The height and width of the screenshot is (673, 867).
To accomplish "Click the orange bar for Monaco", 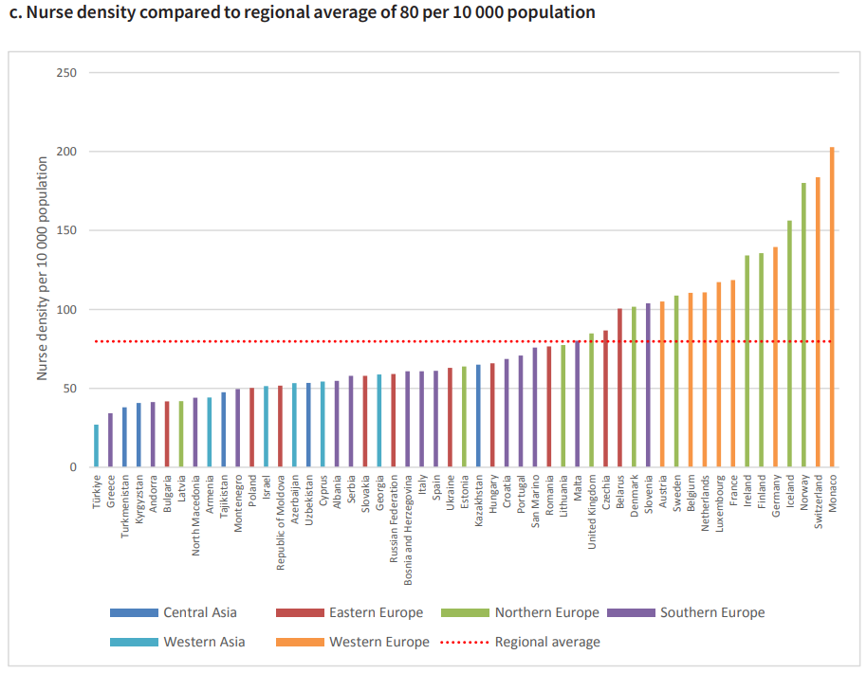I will pyautogui.click(x=832, y=307).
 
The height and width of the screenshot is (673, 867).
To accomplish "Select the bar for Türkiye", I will pyautogui.click(x=96, y=446).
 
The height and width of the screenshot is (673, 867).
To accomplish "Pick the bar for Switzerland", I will pyautogui.click(x=818, y=322).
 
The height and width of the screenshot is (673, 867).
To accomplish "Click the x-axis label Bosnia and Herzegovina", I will pyautogui.click(x=408, y=520).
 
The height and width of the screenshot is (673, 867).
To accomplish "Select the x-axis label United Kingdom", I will pyautogui.click(x=592, y=511).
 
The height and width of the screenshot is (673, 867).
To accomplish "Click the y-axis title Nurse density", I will pyautogui.click(x=43, y=270).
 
